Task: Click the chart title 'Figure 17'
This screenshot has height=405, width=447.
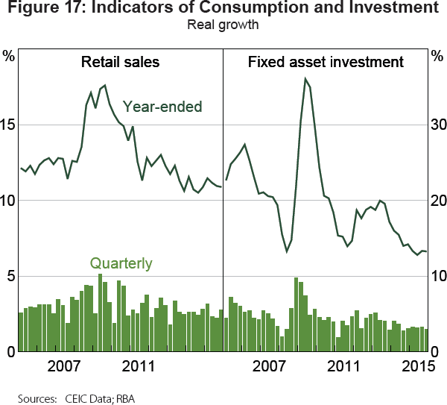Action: [x=223, y=10]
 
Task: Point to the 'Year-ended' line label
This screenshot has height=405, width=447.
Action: [x=162, y=107]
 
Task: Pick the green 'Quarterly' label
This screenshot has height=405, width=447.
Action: [x=121, y=263]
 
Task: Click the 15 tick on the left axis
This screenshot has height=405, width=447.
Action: [x=9, y=125]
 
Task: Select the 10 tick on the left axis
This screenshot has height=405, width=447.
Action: [x=9, y=201]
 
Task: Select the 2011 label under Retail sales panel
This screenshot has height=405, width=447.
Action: [x=138, y=367]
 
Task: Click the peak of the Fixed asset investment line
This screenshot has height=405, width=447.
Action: [x=305, y=78]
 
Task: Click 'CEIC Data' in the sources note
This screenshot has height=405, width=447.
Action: [x=79, y=396]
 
